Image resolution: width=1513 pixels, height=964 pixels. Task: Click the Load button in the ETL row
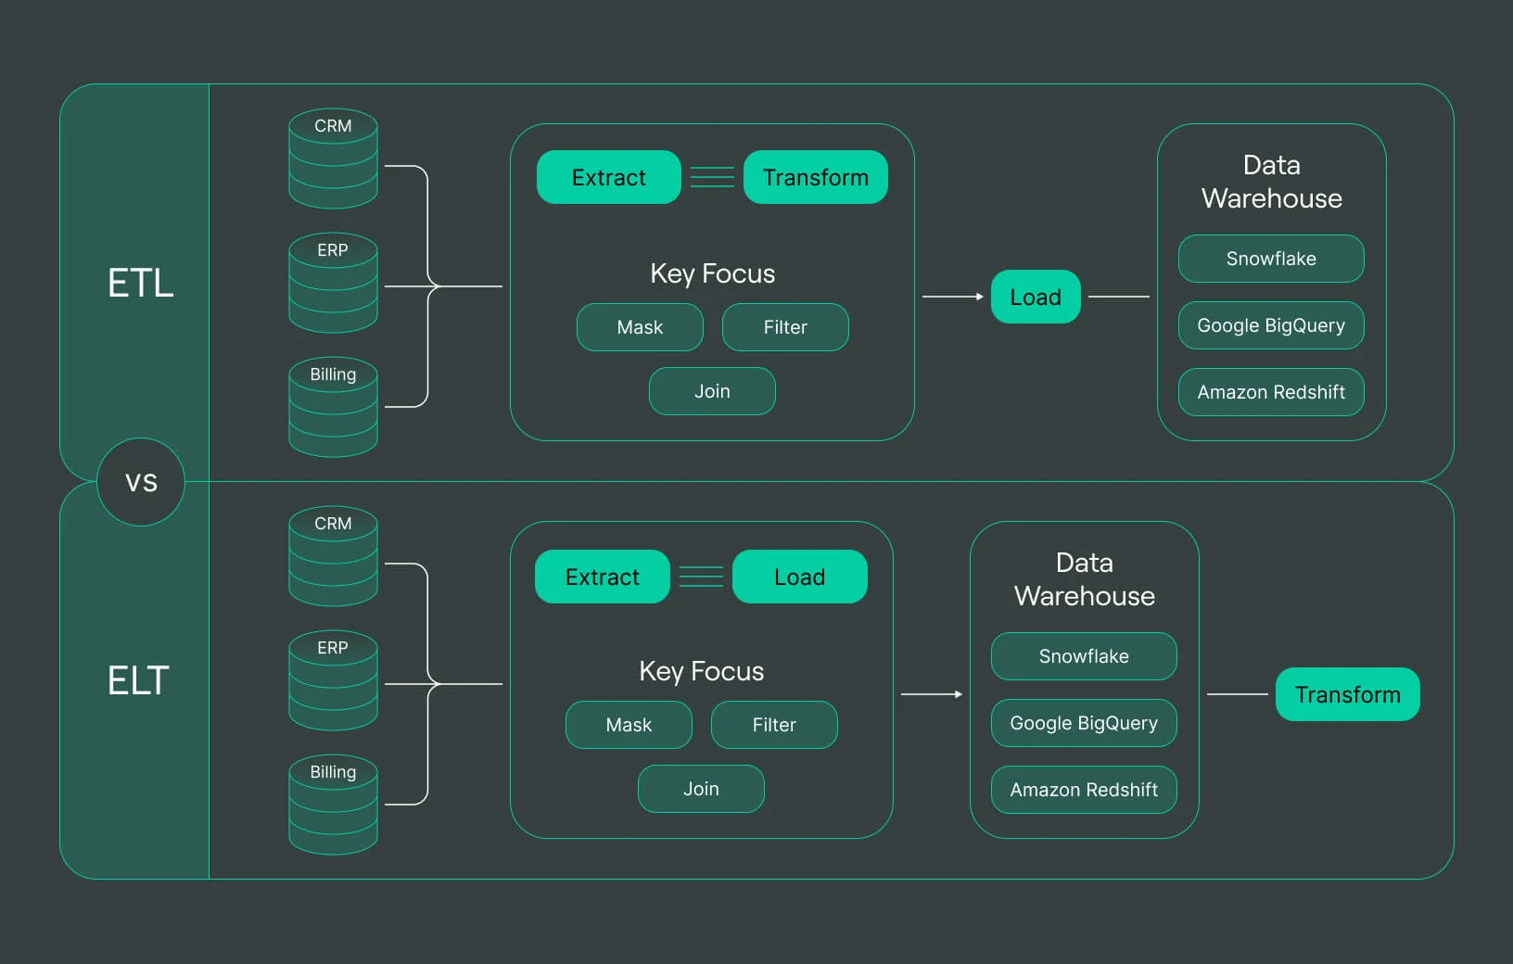[1036, 297]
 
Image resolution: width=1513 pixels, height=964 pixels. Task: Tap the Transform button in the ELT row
[1347, 694]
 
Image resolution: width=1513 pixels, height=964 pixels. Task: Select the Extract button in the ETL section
[608, 177]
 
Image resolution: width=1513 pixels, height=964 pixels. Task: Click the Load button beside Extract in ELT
[799, 577]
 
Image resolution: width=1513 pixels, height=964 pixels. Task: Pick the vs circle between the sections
[141, 482]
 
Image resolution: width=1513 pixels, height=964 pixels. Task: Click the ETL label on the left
[140, 283]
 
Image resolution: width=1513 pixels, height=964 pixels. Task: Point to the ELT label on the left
[138, 680]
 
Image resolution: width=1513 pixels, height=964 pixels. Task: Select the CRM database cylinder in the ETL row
[333, 159]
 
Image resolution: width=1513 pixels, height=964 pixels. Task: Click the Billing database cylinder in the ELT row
[333, 805]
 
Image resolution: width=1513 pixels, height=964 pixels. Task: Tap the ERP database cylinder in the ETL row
[333, 283]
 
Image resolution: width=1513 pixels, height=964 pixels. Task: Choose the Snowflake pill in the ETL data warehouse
[1271, 259]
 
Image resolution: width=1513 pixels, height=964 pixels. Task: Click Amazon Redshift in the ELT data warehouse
[1084, 790]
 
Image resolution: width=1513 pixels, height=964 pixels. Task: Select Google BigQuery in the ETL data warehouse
[1271, 325]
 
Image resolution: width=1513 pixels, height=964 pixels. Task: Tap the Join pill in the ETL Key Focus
[712, 391]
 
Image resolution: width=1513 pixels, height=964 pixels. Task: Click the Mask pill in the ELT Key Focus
[629, 725]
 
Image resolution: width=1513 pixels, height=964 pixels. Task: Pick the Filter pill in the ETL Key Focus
[785, 327]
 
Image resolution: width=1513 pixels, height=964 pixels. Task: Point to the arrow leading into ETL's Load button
[952, 297]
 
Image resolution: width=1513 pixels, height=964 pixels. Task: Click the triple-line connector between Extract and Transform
[712, 177]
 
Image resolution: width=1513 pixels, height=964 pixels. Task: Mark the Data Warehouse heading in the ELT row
[1084, 579]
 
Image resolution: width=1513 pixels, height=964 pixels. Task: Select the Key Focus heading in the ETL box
[712, 273]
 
